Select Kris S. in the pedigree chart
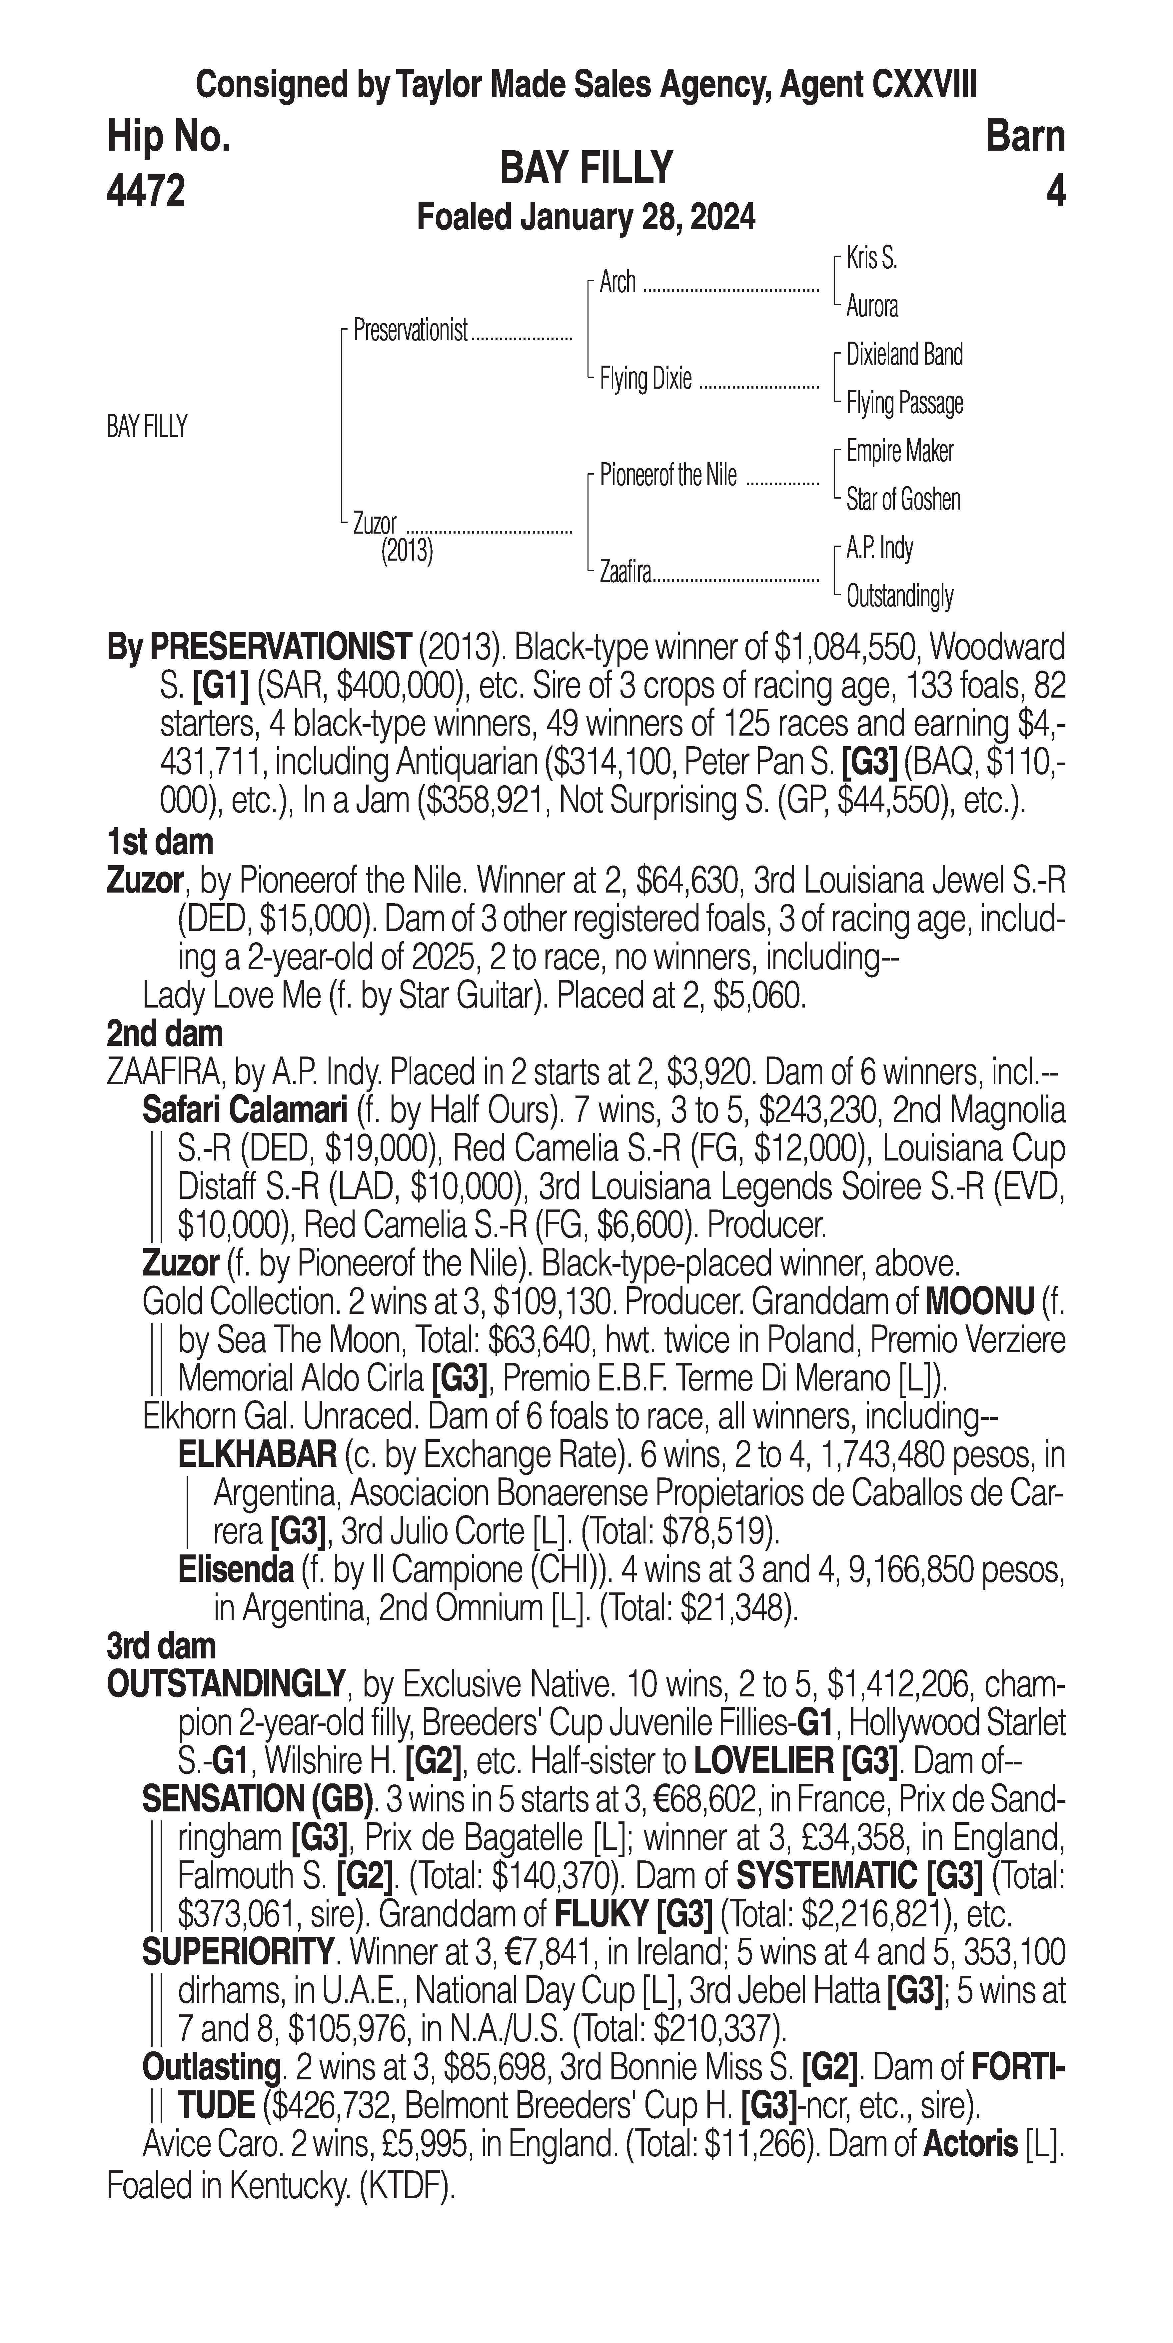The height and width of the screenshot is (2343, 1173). pos(871,258)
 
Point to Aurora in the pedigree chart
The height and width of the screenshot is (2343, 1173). pos(871,307)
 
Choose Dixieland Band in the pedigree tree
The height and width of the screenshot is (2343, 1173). pos(904,355)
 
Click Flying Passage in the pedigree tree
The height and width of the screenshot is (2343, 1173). pos(904,403)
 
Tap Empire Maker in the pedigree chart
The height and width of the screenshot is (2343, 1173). pos(899,451)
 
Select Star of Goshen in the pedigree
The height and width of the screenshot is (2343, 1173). pos(903,499)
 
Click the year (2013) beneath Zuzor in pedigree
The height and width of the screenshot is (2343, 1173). pos(407,551)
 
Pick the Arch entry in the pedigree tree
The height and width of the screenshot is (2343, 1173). pos(617,283)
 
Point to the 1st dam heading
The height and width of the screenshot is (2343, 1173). pos(160,842)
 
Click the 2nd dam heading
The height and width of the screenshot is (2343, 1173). pos(165,1034)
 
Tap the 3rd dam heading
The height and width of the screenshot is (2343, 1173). pos(162,1646)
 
